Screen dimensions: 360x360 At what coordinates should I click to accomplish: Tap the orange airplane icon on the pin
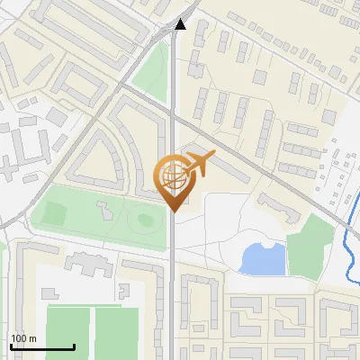pos(198,165)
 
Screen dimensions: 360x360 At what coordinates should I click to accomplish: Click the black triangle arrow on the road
pos(181,24)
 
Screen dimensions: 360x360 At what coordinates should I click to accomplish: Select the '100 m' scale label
pos(23,338)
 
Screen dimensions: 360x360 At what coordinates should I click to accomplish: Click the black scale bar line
pos(41,346)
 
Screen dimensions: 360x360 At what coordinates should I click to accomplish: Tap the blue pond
pos(263,259)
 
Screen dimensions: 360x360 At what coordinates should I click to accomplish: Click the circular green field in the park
pos(141,219)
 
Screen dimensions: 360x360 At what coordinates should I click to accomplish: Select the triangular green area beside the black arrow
pos(153,67)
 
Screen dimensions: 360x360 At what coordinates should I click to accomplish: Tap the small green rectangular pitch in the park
pos(55,214)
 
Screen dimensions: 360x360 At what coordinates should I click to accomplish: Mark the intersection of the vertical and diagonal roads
pos(172,112)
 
